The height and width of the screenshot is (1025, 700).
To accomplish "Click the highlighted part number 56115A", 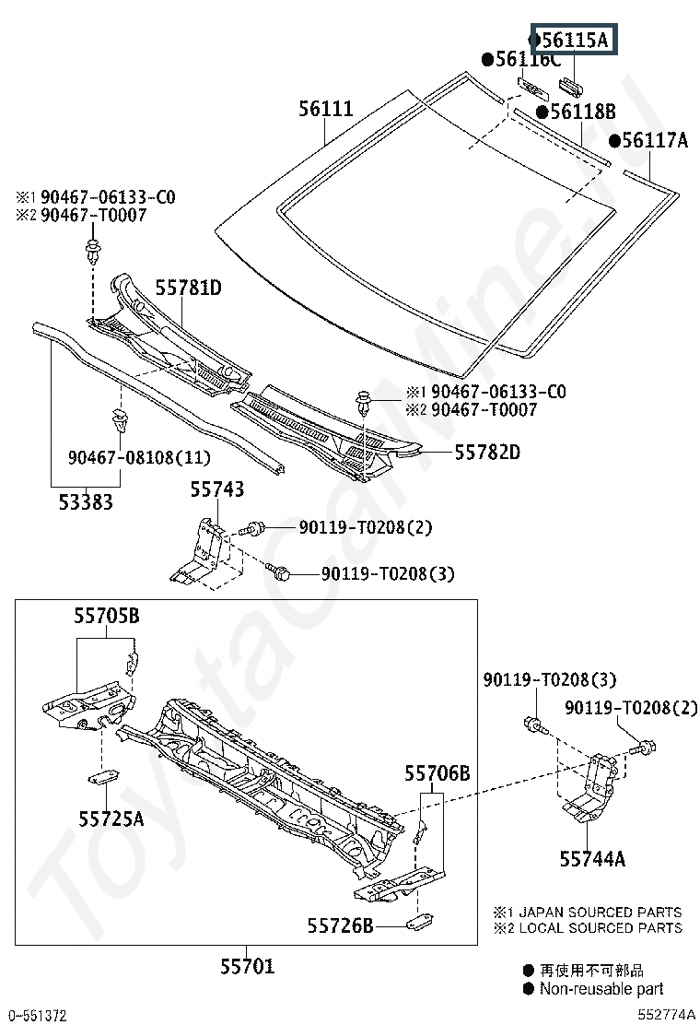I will point(574,41).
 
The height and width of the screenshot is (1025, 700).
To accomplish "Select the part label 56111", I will point(325,109).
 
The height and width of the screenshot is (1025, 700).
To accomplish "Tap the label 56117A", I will point(654,140).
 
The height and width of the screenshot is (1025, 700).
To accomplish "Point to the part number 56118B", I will point(582,112).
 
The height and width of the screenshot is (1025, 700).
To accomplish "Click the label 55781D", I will point(188,288).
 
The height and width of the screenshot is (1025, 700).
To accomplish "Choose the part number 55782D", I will point(487,452).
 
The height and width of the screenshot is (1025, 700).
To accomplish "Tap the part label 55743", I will point(217,489).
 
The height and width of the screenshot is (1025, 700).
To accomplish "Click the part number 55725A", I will point(111,818).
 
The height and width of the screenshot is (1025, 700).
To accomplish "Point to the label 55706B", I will point(437,773).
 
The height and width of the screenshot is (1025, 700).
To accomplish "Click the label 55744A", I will point(592,859).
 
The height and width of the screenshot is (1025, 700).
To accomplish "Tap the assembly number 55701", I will point(247,966).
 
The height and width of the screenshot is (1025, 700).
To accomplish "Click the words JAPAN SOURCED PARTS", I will point(601,912).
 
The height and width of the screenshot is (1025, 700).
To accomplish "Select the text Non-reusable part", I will point(601,989).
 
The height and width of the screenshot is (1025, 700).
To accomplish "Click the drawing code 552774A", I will point(665,1015).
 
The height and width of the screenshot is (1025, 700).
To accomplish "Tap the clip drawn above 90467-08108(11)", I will point(119,421).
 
